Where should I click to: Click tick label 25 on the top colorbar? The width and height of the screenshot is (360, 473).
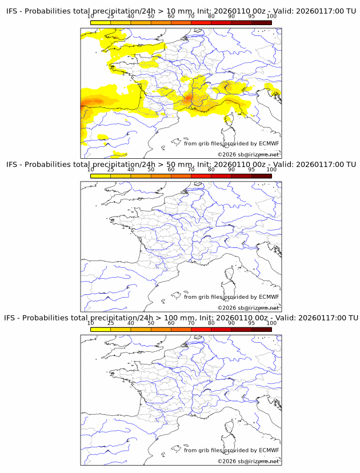[110, 17]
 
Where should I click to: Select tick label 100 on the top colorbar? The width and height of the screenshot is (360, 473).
[271, 17]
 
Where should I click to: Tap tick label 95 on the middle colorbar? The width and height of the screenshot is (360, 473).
[251, 170]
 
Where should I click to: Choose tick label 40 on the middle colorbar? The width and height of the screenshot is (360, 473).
[131, 170]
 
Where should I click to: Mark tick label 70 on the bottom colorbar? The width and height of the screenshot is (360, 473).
[191, 323]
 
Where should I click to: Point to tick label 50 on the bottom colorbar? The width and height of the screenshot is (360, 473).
[151, 323]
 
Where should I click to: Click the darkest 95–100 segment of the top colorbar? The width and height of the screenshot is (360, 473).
[261, 22]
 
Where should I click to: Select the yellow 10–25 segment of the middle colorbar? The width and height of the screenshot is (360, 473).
[101, 175]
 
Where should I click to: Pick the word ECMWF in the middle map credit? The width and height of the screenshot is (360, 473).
[269, 296]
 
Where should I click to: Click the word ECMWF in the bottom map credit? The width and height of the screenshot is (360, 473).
[269, 450]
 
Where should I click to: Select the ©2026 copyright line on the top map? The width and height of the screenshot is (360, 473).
[248, 154]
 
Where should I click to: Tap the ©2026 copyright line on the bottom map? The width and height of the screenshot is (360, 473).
[248, 460]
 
